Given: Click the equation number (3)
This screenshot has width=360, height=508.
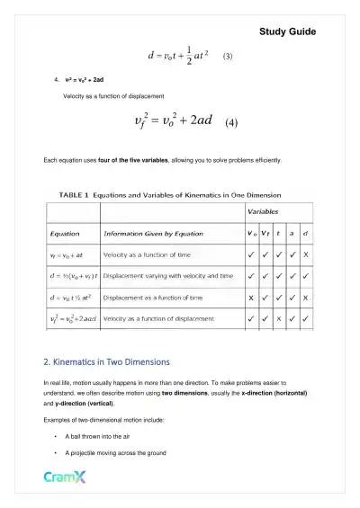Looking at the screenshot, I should point(228,56).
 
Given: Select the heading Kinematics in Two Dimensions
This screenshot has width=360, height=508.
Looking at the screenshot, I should point(106,362).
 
